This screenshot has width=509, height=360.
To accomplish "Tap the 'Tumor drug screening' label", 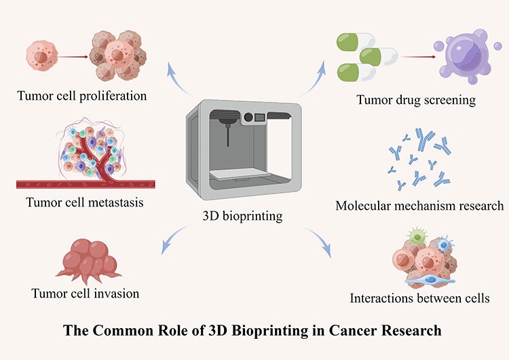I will point(415,100).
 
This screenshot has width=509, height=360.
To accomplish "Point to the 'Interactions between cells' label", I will point(419,298).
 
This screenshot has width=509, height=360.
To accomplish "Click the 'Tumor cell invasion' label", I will point(86,293).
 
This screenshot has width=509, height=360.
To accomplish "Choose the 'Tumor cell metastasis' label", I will point(86,201).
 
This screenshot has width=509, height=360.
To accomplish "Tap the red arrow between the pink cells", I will point(76,57).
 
